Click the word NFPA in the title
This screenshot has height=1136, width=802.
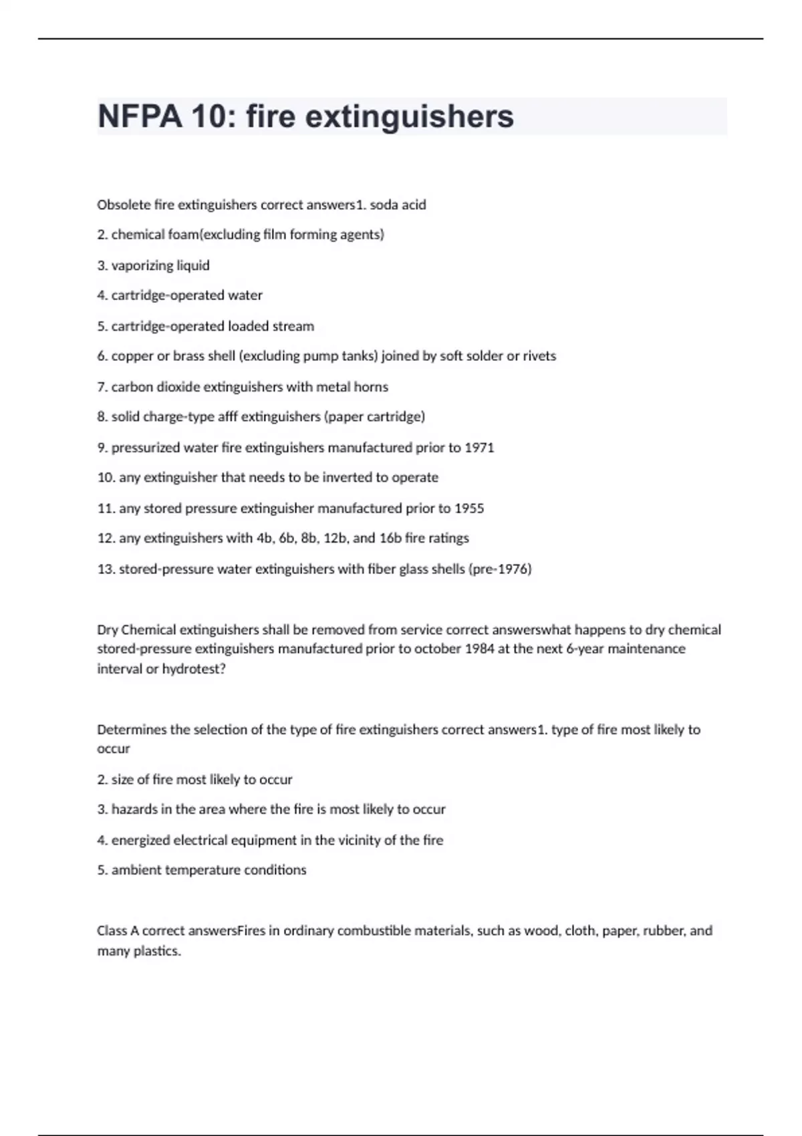(139, 116)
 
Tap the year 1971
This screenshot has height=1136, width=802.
(479, 447)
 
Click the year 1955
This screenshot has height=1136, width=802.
(469, 508)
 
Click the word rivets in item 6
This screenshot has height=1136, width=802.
(540, 356)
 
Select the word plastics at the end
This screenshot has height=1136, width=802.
(160, 950)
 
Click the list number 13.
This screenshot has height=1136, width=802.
(106, 569)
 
